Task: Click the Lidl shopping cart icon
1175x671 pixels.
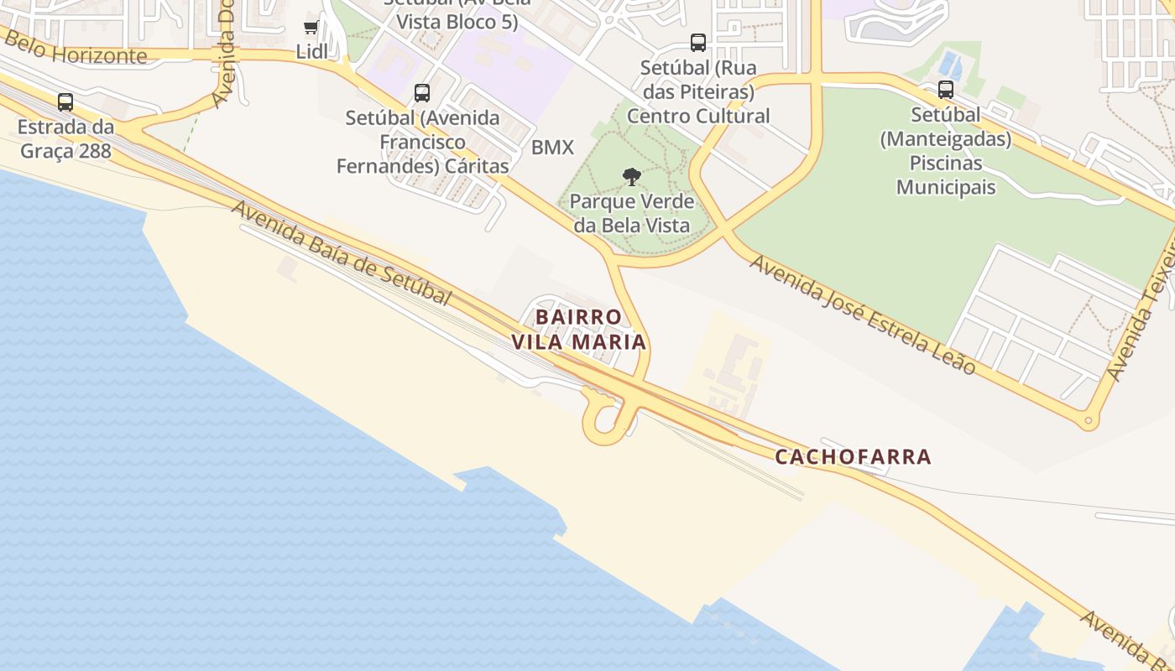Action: click(311, 28)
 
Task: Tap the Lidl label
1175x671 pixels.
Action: click(312, 51)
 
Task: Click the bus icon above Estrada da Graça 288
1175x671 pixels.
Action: click(65, 102)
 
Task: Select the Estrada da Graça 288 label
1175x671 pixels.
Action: click(65, 139)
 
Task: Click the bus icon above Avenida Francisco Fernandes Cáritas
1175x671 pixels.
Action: click(422, 93)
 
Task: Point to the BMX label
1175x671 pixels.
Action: click(552, 148)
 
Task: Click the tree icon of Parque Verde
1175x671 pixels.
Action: click(632, 177)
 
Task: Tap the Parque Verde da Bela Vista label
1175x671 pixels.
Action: click(632, 213)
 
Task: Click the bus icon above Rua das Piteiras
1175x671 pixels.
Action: click(697, 43)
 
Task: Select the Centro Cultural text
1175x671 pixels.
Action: click(698, 116)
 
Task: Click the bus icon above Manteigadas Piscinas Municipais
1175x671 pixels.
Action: click(946, 90)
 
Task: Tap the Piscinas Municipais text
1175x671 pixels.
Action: click(946, 174)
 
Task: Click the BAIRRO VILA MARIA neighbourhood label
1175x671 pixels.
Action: click(579, 330)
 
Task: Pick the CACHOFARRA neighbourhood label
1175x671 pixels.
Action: click(853, 457)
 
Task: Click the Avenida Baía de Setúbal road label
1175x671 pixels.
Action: click(342, 253)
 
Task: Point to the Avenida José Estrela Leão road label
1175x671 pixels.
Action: click(863, 315)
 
